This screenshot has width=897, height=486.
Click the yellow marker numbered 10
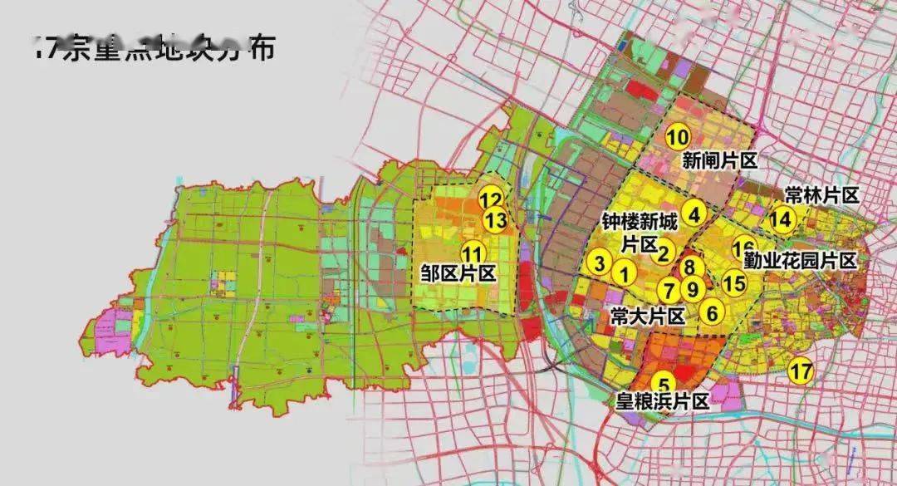coord(678,137)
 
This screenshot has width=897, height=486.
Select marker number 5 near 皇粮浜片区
coord(664,384)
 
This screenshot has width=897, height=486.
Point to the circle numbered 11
coord(473,254)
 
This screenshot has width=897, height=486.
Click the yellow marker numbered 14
coord(782,219)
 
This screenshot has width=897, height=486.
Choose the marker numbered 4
coord(694,213)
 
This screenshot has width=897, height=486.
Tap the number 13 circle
coord(495,221)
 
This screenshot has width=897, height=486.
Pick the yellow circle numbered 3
coord(599,263)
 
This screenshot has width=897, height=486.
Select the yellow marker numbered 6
coord(712,312)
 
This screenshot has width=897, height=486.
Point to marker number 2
coord(664,253)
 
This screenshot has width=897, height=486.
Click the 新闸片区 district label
coord(720,160)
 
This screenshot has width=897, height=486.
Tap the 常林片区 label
coord(821,195)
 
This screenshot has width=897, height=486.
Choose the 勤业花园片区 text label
coord(800,261)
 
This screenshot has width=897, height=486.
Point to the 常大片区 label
coord(647,317)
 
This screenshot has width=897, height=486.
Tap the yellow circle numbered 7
coord(669,290)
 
